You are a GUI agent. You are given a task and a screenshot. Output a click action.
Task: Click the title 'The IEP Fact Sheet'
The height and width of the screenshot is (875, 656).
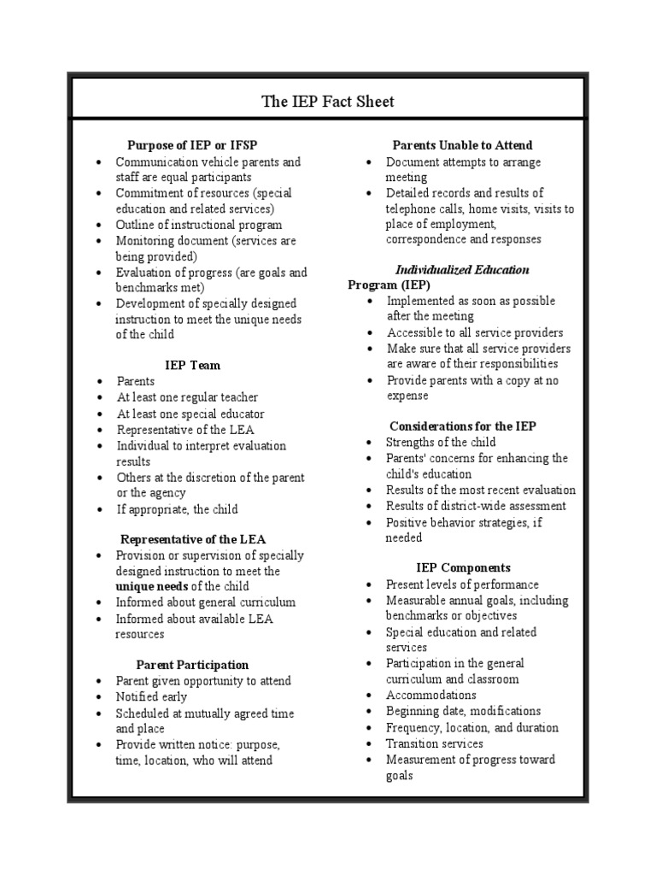328,102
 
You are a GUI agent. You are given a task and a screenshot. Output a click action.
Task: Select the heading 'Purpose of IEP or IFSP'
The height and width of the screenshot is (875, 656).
191,145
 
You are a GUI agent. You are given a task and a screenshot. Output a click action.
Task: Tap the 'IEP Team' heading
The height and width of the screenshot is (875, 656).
192,365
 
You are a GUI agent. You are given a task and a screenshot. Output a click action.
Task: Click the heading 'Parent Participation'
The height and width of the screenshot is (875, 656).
192,664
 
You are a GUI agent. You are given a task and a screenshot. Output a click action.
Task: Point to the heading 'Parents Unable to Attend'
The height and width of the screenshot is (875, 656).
462,145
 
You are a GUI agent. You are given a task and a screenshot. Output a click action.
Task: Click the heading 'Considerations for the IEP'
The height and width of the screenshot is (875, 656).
463,426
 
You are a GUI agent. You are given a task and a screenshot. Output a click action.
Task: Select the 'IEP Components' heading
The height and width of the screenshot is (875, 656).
463,567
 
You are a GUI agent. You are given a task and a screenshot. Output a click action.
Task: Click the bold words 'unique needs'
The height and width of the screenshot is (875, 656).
151,586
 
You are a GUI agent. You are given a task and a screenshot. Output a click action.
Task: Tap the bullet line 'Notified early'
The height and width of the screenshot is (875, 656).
151,696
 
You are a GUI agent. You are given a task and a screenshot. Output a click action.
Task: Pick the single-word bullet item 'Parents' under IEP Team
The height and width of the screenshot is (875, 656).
136,381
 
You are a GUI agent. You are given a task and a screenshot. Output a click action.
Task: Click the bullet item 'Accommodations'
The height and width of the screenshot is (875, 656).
431,695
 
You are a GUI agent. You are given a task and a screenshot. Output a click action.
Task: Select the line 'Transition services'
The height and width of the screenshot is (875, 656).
434,743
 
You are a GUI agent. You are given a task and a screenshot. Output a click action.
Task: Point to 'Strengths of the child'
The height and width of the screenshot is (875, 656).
439,442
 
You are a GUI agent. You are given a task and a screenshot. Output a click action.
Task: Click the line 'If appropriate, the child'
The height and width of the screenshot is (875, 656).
177,508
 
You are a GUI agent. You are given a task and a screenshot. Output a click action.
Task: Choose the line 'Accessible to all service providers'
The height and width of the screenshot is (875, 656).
474,332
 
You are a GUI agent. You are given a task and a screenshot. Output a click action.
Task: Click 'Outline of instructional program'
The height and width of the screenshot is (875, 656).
199,225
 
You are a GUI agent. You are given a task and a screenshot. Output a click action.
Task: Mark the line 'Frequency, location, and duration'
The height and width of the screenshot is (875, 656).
471,727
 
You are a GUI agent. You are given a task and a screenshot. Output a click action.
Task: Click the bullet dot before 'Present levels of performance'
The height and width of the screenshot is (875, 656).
368,584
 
